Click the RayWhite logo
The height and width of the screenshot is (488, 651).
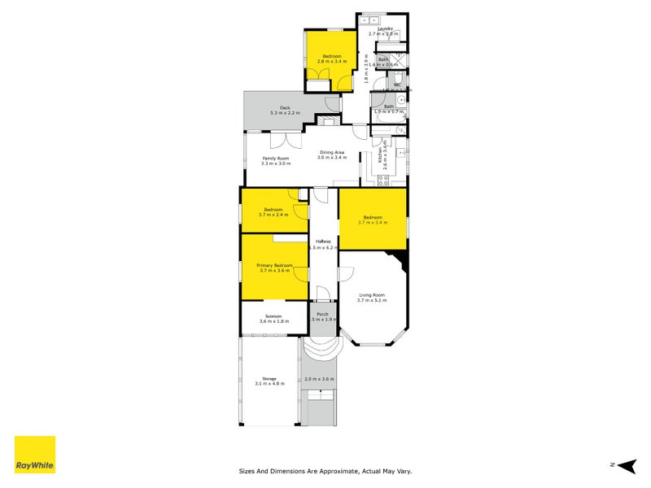pos(35,455)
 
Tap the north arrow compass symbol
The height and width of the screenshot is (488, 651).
pos(624,465)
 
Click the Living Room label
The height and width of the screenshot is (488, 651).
pos(370,295)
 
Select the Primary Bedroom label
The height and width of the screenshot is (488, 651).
pos(274,266)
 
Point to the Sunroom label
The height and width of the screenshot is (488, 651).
pos(273,316)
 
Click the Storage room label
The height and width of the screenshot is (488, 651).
pos(269,378)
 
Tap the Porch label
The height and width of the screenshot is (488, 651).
pos(322,315)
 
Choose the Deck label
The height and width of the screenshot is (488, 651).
pos(286,107)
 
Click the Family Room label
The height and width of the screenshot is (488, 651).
pos(275,158)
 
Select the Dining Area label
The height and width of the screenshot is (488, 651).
pos(331,152)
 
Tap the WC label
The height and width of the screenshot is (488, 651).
pos(398,85)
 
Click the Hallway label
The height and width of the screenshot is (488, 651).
pos(323,241)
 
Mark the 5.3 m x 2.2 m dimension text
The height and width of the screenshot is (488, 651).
pos(286,113)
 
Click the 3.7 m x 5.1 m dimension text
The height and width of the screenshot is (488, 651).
pos(370,301)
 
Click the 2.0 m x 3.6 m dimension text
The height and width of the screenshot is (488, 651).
pos(319,380)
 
